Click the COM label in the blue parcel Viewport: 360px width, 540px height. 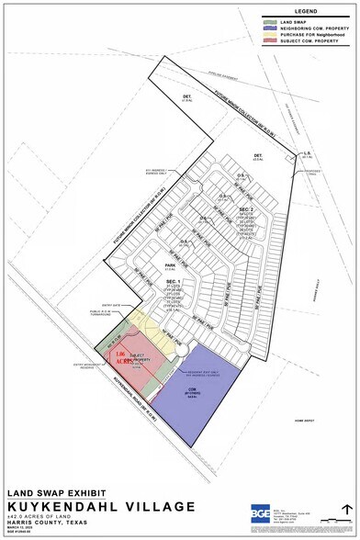point(191,389)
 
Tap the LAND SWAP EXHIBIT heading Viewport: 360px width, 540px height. point(52,493)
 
